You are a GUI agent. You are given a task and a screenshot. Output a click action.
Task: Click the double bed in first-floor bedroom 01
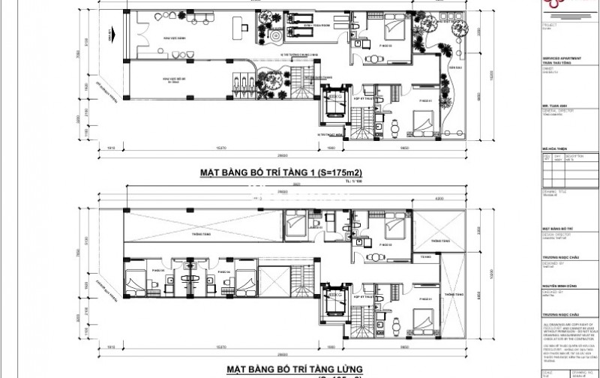[421, 119]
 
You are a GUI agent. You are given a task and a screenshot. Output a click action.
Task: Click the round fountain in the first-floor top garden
[272, 34]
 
